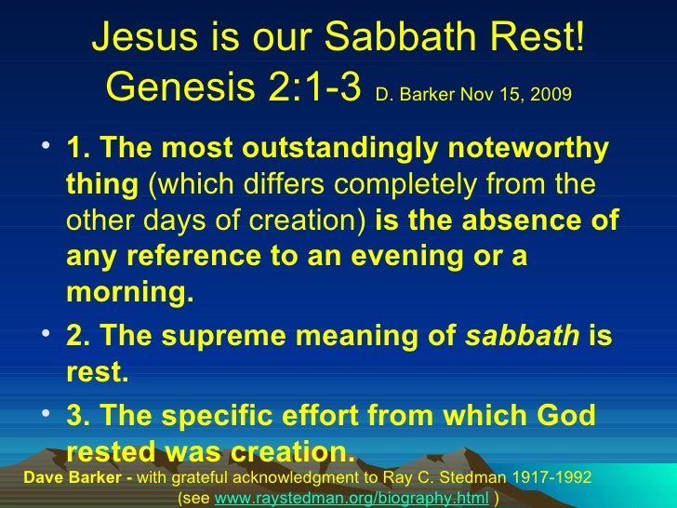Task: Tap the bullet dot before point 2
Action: click(47, 335)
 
